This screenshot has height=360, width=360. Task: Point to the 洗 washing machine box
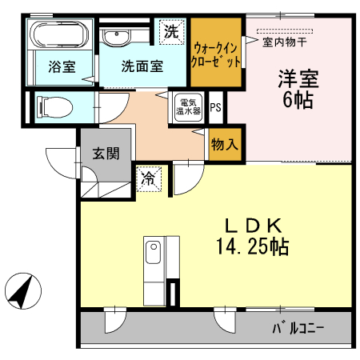[170, 32]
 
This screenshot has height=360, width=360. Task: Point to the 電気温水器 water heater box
[188, 107]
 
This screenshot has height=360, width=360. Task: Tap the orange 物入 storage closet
[223, 144]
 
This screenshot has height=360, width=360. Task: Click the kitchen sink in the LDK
[152, 256]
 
